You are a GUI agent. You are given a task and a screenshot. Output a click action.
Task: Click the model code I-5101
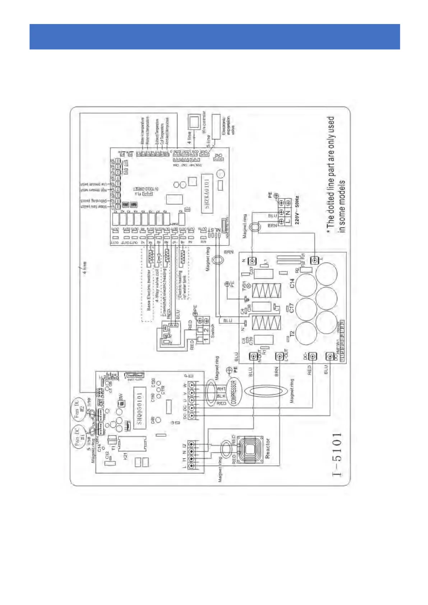(337, 454)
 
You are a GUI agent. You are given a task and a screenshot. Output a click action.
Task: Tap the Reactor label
(267, 448)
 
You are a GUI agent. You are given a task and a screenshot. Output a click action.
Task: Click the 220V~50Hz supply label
(297, 210)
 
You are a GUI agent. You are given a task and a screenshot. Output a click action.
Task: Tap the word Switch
(212, 331)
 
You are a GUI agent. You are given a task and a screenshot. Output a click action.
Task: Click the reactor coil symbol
(248, 449)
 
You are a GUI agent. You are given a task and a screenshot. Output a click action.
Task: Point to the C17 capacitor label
(292, 308)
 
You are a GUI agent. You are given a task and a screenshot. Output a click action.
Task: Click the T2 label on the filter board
(292, 334)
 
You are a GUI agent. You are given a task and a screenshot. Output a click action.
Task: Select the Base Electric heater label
(149, 290)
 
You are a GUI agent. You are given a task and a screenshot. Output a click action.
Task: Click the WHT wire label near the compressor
(221, 389)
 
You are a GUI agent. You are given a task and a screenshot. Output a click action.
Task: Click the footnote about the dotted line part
(336, 175)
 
